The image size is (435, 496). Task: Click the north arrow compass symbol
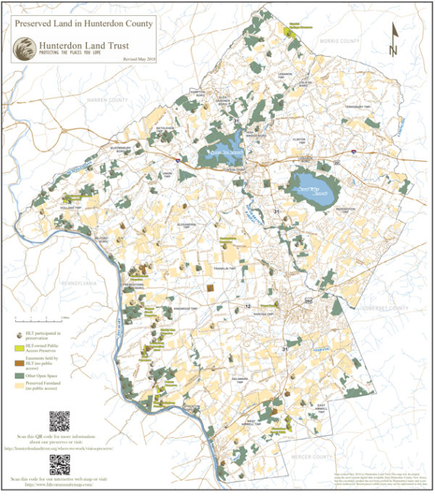tap(393, 40)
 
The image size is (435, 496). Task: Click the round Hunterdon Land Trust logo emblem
tap(25, 49)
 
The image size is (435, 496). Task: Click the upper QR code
tap(59, 421)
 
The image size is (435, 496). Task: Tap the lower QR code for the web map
tap(59, 464)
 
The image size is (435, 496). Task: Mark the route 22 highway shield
tap(336, 162)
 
